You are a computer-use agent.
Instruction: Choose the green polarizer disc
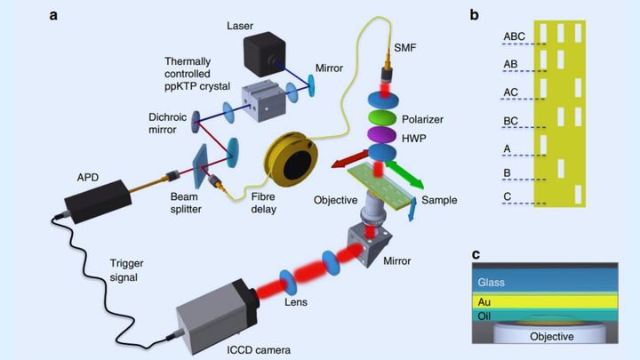coord(387,117)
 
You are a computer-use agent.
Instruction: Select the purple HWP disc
coord(387,134)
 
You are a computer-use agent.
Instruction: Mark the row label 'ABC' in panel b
coord(516,36)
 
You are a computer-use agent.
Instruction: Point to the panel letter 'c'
coord(476,254)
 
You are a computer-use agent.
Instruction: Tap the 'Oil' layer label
coord(486,315)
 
